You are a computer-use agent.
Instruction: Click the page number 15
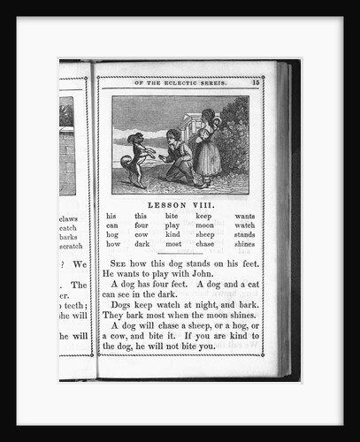click(x=255, y=82)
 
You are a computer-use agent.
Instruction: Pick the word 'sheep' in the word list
click(x=205, y=234)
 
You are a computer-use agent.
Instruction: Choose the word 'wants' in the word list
click(x=245, y=216)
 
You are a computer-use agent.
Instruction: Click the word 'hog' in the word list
click(x=111, y=234)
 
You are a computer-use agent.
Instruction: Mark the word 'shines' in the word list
click(x=245, y=244)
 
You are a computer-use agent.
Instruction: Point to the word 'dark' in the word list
click(x=142, y=244)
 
